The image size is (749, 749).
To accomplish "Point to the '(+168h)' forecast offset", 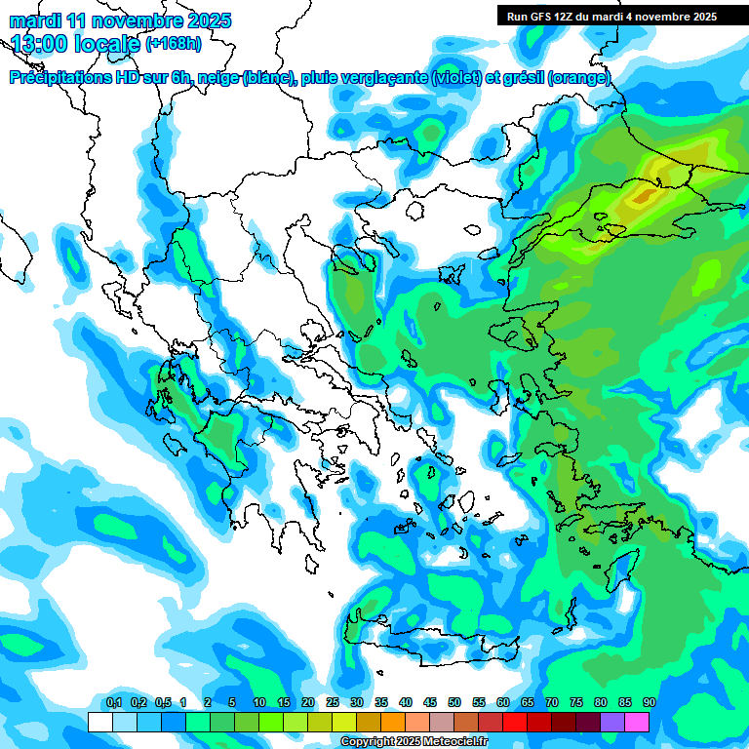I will [x=173, y=43].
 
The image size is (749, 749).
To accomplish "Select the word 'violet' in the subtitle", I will [x=456, y=78].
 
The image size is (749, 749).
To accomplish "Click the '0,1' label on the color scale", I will [x=114, y=703].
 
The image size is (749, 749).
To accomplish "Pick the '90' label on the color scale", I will [x=650, y=703].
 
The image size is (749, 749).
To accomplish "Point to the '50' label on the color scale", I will [x=454, y=703].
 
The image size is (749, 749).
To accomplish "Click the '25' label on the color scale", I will [x=333, y=703].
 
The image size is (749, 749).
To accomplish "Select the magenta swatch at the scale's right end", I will [x=637, y=722].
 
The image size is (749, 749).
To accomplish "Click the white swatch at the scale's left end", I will [x=99, y=722].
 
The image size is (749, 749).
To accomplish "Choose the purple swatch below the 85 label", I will [x=612, y=722].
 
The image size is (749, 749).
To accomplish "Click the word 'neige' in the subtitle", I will [x=218, y=78].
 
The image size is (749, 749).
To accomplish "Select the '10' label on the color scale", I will [x=259, y=703].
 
